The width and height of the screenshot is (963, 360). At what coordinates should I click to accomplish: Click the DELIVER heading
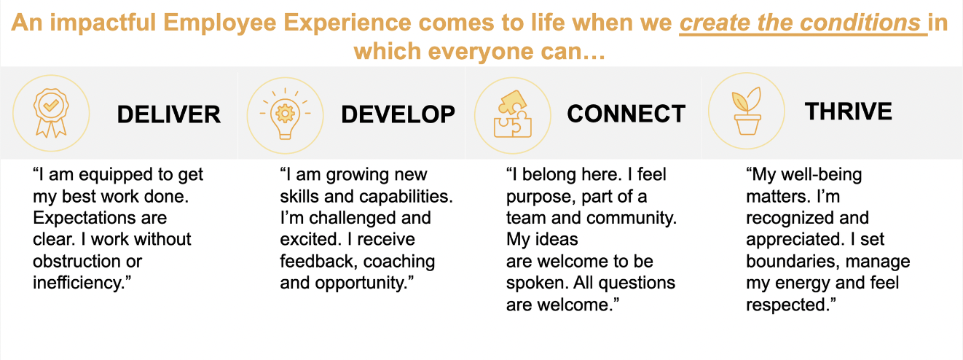pos(169,114)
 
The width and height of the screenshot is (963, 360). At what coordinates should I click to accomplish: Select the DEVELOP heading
pos(398,114)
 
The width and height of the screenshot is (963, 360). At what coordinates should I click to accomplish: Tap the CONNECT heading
pos(626,114)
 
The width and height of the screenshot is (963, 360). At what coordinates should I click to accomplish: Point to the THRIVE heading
pos(848,111)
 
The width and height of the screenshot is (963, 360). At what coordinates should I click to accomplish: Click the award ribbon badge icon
pos(51,113)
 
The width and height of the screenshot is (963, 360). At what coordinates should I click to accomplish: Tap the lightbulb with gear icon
pos(285,114)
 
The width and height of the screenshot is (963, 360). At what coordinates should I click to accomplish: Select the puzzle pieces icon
pos(512,114)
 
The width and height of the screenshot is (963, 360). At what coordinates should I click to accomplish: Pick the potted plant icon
pos(747,111)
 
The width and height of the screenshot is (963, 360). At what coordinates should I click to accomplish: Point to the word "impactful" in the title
pos(103,23)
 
